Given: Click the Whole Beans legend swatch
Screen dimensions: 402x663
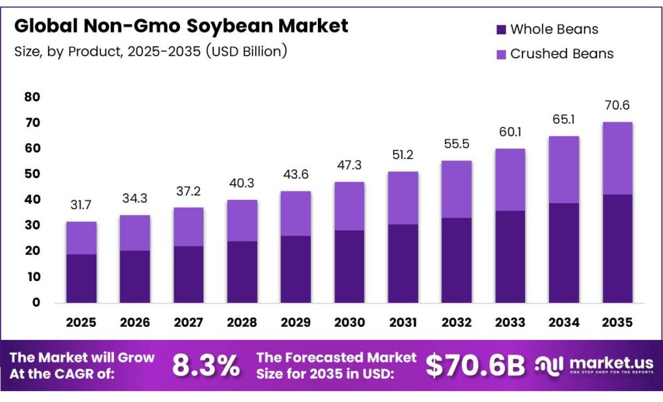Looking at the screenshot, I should click(x=500, y=30).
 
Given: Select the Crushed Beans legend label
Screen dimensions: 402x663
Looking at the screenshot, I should click(x=561, y=54).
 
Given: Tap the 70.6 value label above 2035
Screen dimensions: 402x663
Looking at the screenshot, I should click(x=617, y=106).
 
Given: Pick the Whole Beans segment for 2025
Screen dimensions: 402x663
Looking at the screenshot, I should click(x=81, y=278).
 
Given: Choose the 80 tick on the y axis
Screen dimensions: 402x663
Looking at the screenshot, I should click(x=32, y=97).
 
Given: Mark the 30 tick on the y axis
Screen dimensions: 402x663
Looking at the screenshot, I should click(x=32, y=225).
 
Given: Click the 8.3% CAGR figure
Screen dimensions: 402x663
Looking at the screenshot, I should click(x=205, y=366).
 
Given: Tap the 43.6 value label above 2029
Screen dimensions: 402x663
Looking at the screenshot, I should click(x=295, y=175).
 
